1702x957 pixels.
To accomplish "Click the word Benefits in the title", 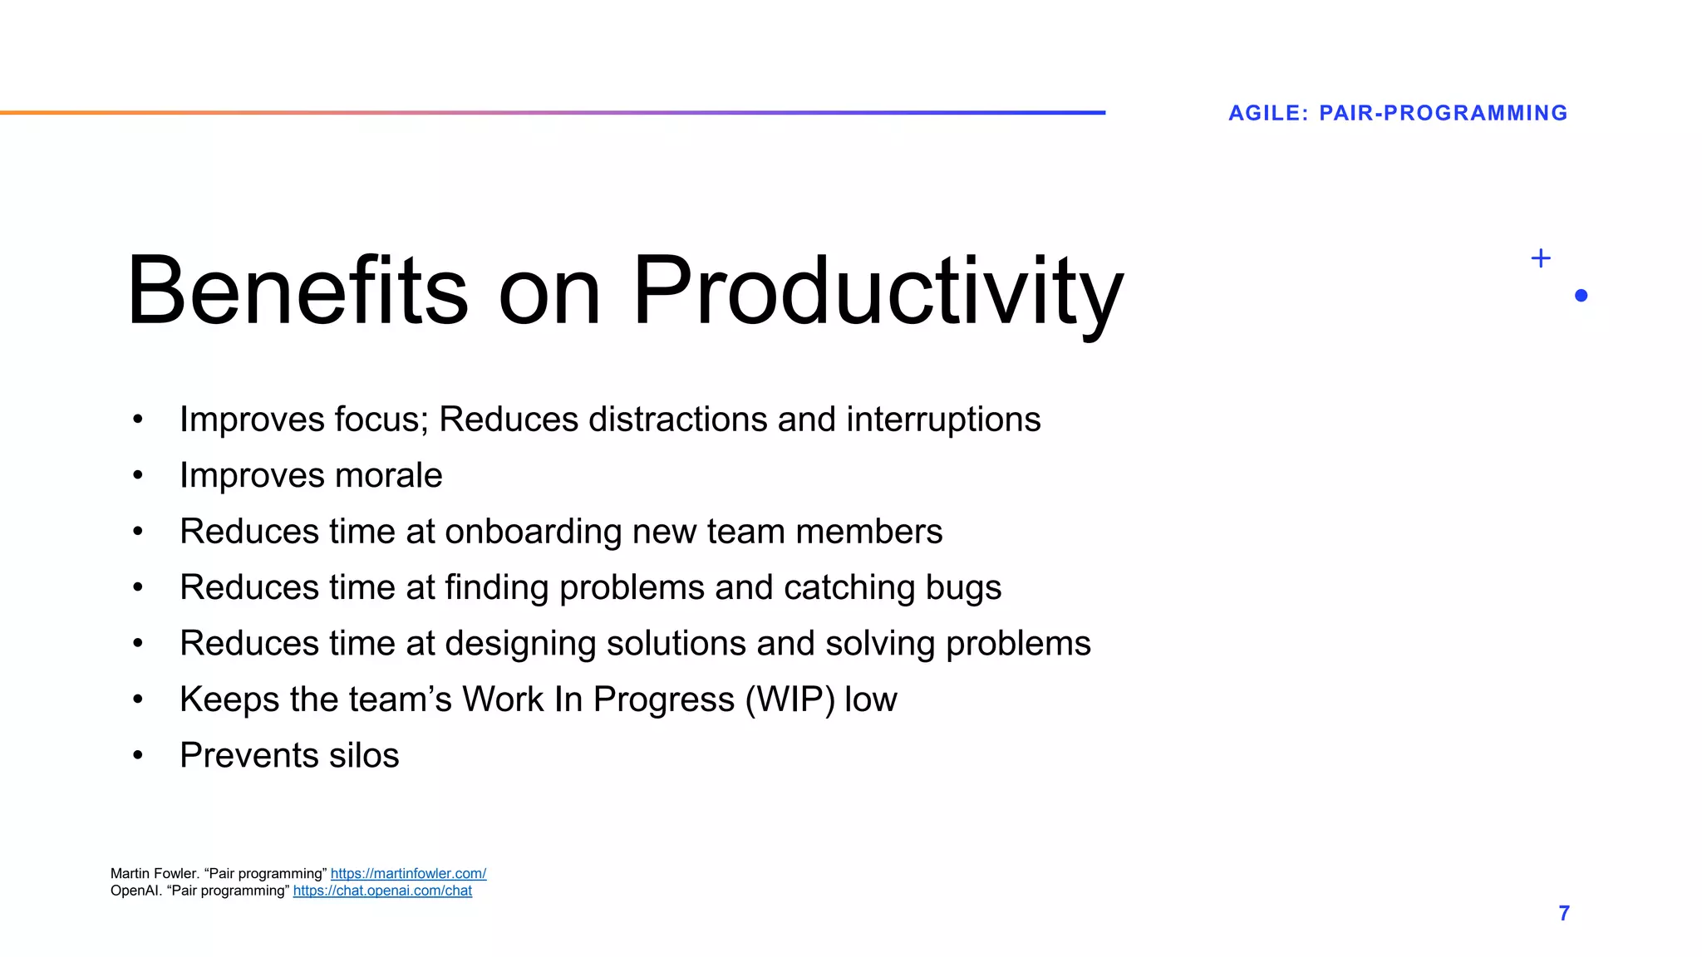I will [x=298, y=291].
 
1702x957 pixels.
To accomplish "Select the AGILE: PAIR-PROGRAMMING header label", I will [x=1398, y=113].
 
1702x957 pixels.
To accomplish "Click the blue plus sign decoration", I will [x=1540, y=258].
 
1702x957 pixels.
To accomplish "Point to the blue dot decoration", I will [x=1581, y=296].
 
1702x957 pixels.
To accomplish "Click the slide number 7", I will [x=1563, y=913].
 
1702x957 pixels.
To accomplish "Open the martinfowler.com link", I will [x=408, y=873].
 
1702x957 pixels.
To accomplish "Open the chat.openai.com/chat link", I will [x=382, y=891].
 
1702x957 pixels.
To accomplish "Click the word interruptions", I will [x=943, y=420].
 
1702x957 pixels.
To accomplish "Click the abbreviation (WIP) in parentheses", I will [x=790, y=699].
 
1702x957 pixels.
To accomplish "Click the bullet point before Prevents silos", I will [x=138, y=756].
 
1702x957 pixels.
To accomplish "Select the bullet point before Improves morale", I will [x=138, y=476].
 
